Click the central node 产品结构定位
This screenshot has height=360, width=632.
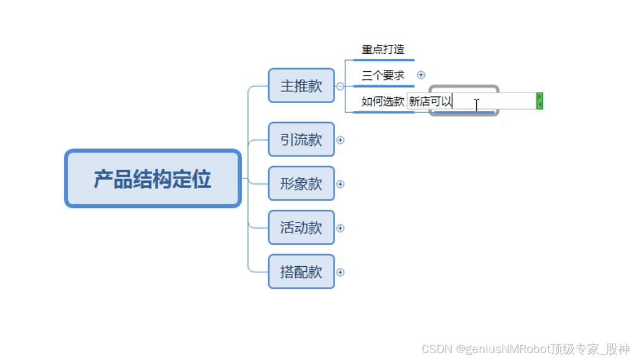[x=152, y=179]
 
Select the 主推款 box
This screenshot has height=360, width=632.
[x=301, y=86]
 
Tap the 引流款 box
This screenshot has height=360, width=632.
[x=301, y=140]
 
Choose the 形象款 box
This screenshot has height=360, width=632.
[x=301, y=183]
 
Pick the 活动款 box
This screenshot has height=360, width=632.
[x=301, y=228]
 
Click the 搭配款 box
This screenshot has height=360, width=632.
[x=301, y=272]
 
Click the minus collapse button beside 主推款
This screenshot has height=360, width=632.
[x=340, y=86]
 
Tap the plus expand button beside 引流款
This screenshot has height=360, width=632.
[x=340, y=140]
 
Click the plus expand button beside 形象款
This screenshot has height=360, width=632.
[x=340, y=184]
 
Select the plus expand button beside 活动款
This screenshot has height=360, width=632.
[x=340, y=228]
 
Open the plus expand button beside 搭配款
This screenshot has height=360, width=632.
[x=340, y=272]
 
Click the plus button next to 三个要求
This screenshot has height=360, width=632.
[x=421, y=75]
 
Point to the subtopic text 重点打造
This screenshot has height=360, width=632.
[x=383, y=50]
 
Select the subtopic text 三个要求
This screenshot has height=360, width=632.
[x=383, y=75]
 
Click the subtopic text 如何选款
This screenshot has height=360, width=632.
[x=383, y=101]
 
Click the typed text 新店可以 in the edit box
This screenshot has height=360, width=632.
[x=430, y=102]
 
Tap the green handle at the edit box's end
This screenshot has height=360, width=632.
[x=539, y=101]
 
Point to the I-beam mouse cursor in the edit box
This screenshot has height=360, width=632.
[x=476, y=105]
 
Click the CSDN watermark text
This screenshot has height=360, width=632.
[x=525, y=349]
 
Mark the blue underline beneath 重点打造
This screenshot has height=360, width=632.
[x=383, y=60]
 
